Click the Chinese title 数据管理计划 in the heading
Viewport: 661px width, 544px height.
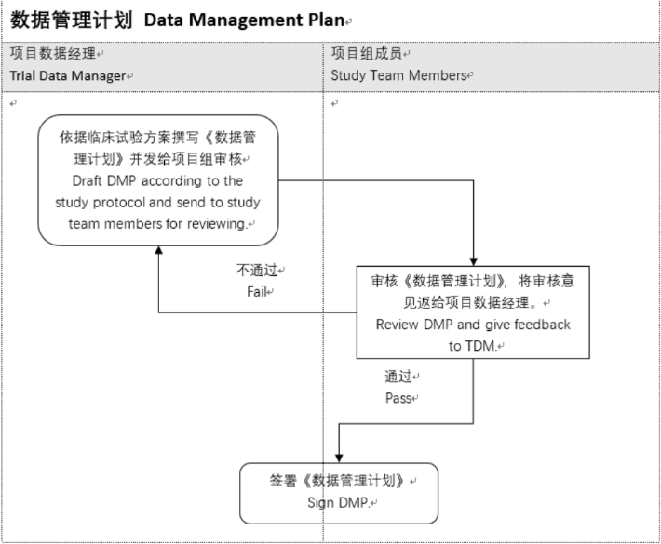click(x=71, y=20)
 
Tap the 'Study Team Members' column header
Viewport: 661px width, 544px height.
click(x=398, y=76)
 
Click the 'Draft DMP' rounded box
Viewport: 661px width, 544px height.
click(x=158, y=179)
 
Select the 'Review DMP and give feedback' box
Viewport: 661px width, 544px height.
click(x=473, y=312)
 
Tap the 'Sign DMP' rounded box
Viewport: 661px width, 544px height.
click(x=338, y=493)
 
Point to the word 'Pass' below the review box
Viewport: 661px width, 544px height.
click(x=398, y=398)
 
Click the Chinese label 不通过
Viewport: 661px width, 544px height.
click(x=257, y=271)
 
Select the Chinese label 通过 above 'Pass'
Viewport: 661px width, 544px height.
click(x=398, y=378)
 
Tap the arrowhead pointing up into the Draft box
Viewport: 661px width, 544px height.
click(x=158, y=251)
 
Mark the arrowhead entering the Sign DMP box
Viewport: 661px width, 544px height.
click(x=338, y=457)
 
